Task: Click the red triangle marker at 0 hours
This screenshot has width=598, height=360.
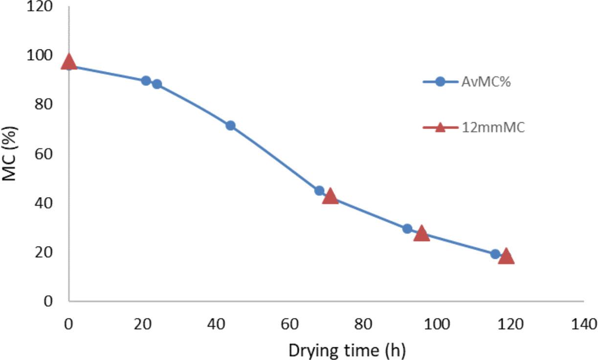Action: pyautogui.click(x=69, y=62)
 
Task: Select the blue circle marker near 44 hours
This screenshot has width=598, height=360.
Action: pyautogui.click(x=230, y=126)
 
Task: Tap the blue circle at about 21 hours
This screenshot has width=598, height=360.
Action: pyautogui.click(x=146, y=81)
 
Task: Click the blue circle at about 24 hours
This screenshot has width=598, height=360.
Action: pyautogui.click(x=157, y=84)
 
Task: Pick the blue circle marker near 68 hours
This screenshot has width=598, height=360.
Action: pyautogui.click(x=319, y=191)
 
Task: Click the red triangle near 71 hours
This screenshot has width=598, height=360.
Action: pyautogui.click(x=331, y=196)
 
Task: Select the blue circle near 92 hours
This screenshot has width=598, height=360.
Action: pyautogui.click(x=407, y=228)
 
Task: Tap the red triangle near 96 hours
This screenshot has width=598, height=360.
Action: pyautogui.click(x=421, y=234)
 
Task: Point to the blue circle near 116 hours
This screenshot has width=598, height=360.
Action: pyautogui.click(x=495, y=254)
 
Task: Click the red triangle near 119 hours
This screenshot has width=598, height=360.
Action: pyautogui.click(x=506, y=256)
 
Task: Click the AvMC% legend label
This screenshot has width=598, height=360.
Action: pyautogui.click(x=486, y=82)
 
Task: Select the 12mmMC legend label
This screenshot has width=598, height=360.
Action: pyautogui.click(x=493, y=128)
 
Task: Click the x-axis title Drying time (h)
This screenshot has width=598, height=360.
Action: pyautogui.click(x=347, y=350)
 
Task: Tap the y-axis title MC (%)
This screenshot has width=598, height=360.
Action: pyautogui.click(x=10, y=154)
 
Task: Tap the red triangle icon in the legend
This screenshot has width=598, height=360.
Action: pyautogui.click(x=440, y=128)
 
